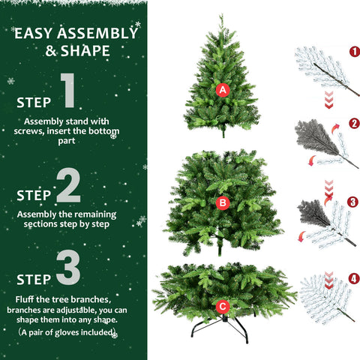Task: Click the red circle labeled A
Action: (221, 90)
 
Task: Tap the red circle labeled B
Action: (221, 202)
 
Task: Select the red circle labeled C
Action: (222, 306)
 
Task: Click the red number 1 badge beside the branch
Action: (354, 52)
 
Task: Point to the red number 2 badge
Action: (354, 122)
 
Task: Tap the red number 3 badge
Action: (354, 202)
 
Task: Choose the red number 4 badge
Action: (354, 280)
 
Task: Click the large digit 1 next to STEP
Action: (68, 91)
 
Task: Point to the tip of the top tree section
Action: (220, 16)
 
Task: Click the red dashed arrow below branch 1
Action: (328, 100)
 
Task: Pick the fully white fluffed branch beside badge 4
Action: (322, 296)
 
